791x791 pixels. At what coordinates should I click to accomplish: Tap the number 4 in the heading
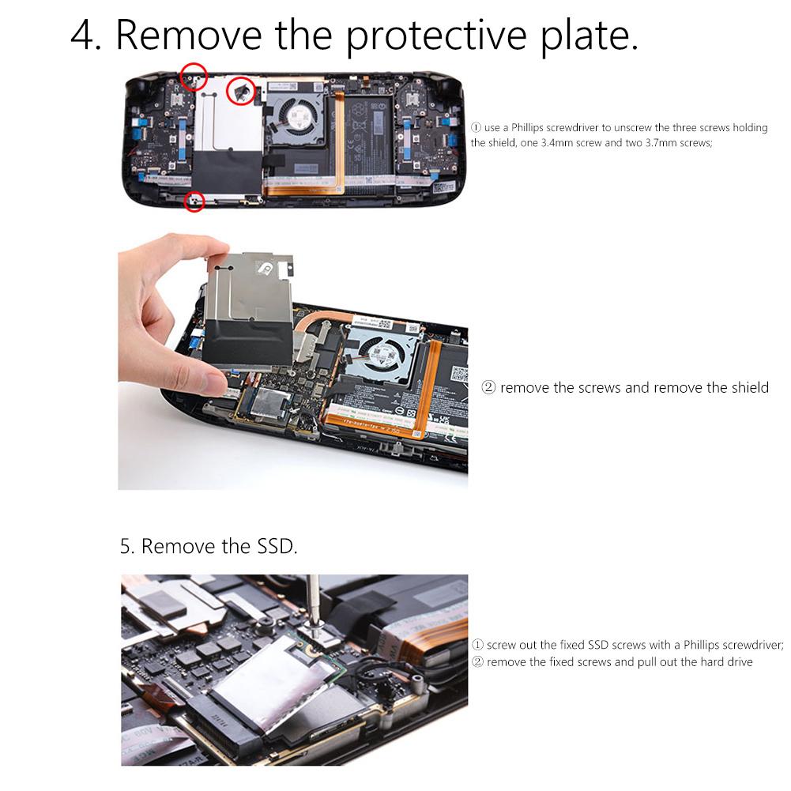(82, 36)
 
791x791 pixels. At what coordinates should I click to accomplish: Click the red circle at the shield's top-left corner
(193, 77)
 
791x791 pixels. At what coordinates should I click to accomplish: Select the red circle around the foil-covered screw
(240, 91)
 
